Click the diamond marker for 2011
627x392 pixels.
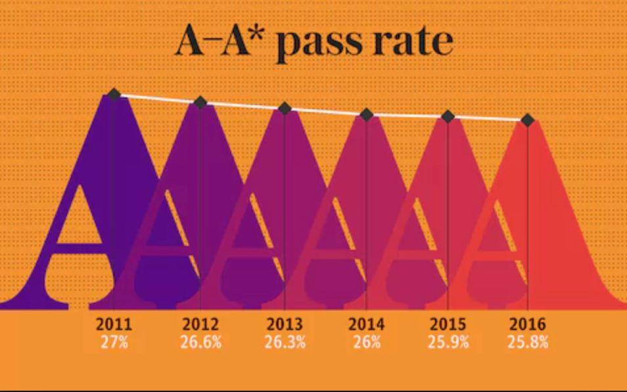(114, 95)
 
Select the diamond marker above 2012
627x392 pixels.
(200, 102)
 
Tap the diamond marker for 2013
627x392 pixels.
(285, 108)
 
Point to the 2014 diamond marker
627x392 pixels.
(367, 114)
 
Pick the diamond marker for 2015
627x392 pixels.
(448, 116)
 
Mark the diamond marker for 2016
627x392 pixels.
(527, 120)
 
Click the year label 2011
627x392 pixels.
(114, 324)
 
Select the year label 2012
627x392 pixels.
(200, 324)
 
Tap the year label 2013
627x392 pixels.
(285, 324)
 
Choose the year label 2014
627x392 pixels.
(367, 324)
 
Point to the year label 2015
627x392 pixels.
(448, 324)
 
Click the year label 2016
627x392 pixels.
(528, 324)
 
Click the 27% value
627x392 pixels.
(114, 343)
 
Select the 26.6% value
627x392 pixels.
(200, 343)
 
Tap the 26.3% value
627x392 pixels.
(285, 343)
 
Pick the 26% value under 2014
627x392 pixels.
(367, 343)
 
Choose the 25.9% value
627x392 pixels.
(448, 343)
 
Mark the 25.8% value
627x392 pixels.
(528, 343)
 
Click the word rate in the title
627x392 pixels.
(413, 43)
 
